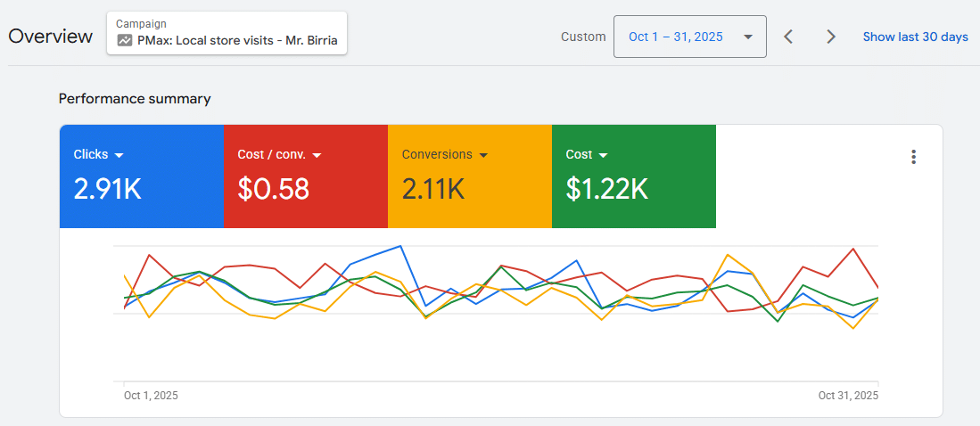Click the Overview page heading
pyautogui.click(x=50, y=37)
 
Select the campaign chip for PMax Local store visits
pyautogui.click(x=226, y=33)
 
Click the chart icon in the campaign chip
pyautogui.click(x=125, y=40)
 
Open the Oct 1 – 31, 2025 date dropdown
pyautogui.click(x=689, y=37)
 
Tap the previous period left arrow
pyautogui.click(x=788, y=37)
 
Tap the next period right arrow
pyautogui.click(x=831, y=37)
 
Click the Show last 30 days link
pyautogui.click(x=915, y=37)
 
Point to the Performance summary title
pyautogui.click(x=135, y=99)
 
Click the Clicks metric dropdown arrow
pyautogui.click(x=119, y=155)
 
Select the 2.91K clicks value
pyautogui.click(x=107, y=189)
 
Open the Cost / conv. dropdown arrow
pyautogui.click(x=317, y=155)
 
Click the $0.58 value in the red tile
pyautogui.click(x=273, y=189)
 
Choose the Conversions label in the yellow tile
pyautogui.click(x=437, y=154)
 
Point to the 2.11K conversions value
pyautogui.click(x=433, y=189)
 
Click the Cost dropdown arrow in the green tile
pyautogui.click(x=604, y=155)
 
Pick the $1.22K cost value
pyautogui.click(x=606, y=189)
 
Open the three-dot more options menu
pyautogui.click(x=913, y=157)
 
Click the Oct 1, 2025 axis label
pyautogui.click(x=151, y=396)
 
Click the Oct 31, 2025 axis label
pyautogui.click(x=848, y=396)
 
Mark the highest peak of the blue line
pyautogui.click(x=400, y=246)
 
